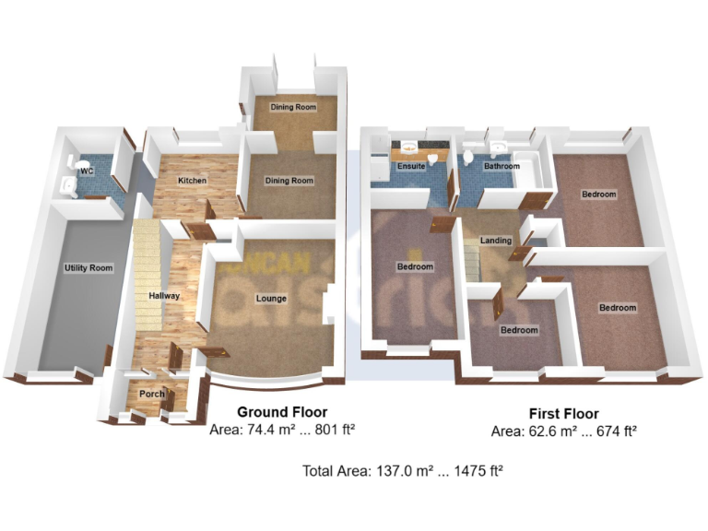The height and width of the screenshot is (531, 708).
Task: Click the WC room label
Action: (x=86, y=171)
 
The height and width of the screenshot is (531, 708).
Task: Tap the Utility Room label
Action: (x=88, y=268)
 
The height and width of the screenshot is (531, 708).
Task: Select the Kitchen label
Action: (x=192, y=180)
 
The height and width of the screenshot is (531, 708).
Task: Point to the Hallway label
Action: (x=164, y=296)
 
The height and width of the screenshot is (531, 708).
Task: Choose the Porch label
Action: (x=151, y=394)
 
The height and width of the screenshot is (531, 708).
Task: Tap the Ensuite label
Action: (x=410, y=167)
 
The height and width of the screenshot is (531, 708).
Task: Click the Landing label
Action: (x=496, y=241)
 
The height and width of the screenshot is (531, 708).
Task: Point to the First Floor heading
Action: (x=563, y=414)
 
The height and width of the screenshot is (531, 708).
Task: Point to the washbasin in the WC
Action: (x=67, y=184)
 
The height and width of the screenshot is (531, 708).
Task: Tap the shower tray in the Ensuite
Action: (x=378, y=166)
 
